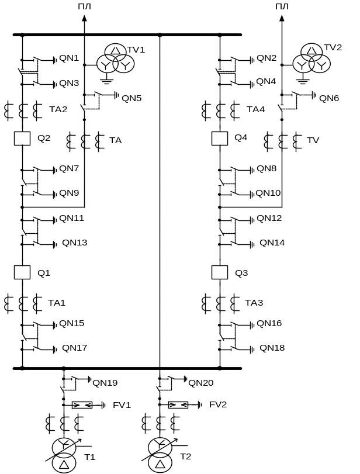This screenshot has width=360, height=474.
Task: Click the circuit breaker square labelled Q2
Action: tap(22, 138)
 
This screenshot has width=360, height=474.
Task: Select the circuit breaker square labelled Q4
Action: tap(220, 138)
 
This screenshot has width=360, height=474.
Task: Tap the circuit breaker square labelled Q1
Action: tap(22, 272)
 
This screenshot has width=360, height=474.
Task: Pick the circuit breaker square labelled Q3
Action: tap(220, 272)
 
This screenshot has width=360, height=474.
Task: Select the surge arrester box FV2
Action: tap(178, 404)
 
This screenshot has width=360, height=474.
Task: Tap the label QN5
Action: tap(131, 98)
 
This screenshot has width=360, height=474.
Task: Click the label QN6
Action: tap(329, 98)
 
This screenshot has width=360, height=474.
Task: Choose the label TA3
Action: tap(254, 303)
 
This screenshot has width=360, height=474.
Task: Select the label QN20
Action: tap(200, 383)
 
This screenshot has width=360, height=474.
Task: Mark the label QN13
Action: tap(74, 243)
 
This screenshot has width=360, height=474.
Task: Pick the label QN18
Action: tap(272, 348)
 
